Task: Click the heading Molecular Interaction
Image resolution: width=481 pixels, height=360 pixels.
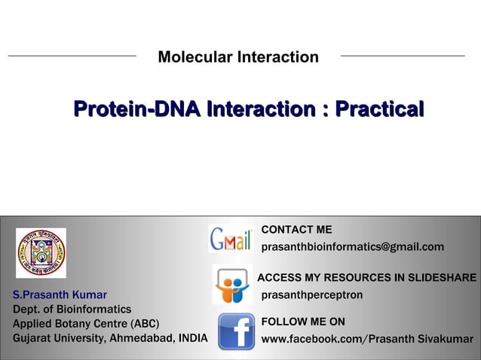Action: coord(238,57)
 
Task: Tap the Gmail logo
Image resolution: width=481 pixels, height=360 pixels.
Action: coord(231,239)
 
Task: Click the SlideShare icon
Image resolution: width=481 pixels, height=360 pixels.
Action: coord(231,285)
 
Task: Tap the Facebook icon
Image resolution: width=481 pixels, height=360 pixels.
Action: coord(236,331)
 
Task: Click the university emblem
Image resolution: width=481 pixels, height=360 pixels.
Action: coord(41,252)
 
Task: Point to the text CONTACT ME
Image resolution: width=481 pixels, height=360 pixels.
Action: coord(296,230)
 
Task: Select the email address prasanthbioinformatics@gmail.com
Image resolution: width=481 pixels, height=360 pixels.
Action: coord(352,248)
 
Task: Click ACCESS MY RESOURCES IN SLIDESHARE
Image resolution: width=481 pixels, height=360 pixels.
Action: coord(366,278)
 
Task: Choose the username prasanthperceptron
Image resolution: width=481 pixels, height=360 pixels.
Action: coord(311,295)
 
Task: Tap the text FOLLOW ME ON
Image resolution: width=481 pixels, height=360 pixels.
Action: coord(303,322)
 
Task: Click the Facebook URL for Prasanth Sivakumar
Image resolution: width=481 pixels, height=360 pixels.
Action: coord(366,340)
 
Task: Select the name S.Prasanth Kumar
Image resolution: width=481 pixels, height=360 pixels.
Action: coord(60,295)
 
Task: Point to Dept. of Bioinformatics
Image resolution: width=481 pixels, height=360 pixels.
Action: coord(72,310)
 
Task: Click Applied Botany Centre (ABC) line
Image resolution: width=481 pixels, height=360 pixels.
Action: coord(86,324)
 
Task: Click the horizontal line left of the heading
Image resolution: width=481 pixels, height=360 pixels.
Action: coord(72,56)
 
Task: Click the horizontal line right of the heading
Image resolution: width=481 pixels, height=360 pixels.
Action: coord(403,56)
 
